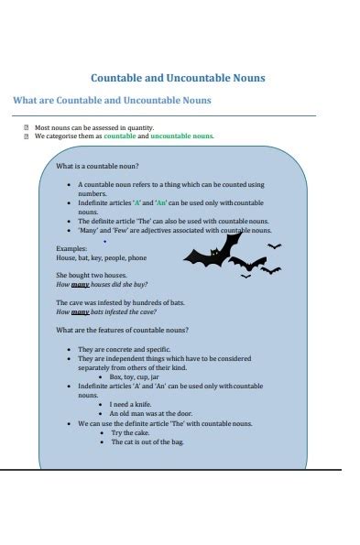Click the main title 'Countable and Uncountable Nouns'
tap(178, 78)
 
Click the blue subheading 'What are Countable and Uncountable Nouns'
tap(112, 100)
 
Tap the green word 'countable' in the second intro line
tap(119, 136)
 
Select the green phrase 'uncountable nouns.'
tap(182, 136)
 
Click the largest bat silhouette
tap(212, 250)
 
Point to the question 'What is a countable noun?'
tap(97, 167)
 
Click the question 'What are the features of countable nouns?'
tap(122, 330)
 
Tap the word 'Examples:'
tap(71, 248)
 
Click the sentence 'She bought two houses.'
tap(90, 275)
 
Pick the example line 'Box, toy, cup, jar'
tap(134, 376)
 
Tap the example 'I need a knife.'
tap(132, 404)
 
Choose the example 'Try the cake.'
tap(129, 432)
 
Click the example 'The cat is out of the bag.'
tap(147, 441)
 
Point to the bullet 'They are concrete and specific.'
tap(124, 349)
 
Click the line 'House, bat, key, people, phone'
tap(101, 257)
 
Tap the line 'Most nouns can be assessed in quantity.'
tap(94, 127)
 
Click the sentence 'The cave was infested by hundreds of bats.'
tap(120, 302)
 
